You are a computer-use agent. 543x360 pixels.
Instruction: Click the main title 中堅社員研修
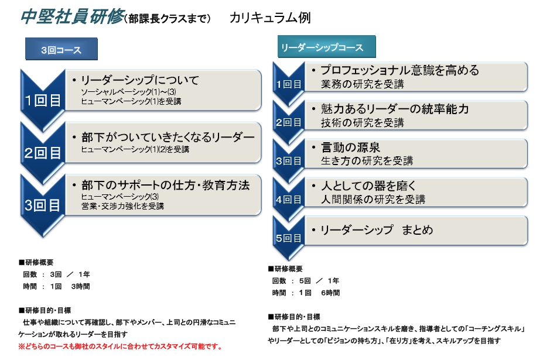[x=73, y=16]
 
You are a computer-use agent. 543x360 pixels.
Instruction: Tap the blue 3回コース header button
[x=62, y=49]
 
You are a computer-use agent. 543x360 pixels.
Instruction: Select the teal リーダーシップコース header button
[x=327, y=47]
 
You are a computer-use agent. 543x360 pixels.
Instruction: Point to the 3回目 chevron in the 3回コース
[x=43, y=205]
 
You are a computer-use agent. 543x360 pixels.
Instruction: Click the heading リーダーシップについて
[x=140, y=80]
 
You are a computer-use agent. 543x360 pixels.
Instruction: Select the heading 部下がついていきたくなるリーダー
[x=168, y=137]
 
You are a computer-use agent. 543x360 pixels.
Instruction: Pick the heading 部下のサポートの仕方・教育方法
[x=166, y=185]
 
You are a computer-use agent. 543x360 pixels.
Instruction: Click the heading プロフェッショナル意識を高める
[x=400, y=70]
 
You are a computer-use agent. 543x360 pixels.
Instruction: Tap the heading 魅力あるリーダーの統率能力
[x=395, y=109]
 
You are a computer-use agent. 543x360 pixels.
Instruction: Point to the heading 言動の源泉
[x=350, y=148]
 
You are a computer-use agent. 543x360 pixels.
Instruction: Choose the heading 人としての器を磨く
[x=368, y=186]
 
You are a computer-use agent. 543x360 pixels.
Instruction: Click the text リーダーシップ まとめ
[x=377, y=229]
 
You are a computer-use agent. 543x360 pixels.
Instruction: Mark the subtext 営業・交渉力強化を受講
[x=122, y=206]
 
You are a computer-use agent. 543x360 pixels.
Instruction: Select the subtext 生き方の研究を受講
[x=367, y=160]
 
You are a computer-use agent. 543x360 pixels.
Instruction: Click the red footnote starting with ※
[x=121, y=346]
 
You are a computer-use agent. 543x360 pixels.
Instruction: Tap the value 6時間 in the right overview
[x=330, y=293]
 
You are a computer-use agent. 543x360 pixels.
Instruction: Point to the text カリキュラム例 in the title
[x=270, y=18]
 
